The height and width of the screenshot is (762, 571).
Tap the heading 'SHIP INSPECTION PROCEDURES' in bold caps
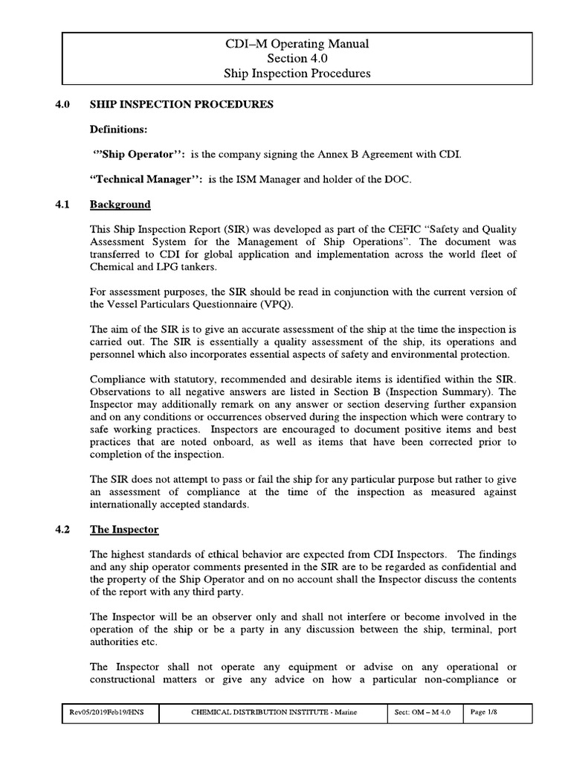[x=181, y=104]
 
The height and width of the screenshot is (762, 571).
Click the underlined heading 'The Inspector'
[x=123, y=530]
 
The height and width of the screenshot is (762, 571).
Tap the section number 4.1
[x=62, y=204]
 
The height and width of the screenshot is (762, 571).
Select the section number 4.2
[x=62, y=530]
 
